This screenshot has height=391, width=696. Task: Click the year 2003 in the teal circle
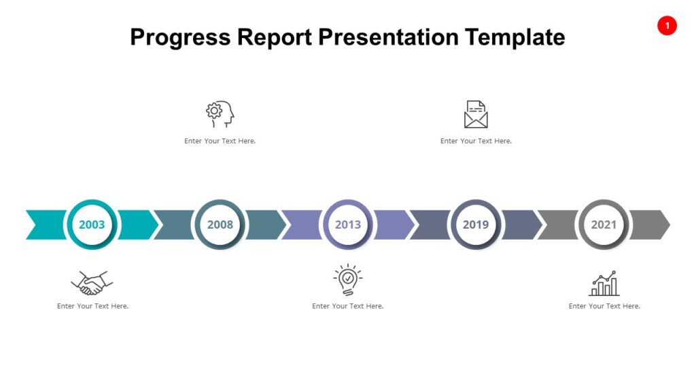92,225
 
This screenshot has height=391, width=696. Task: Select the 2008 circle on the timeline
220,225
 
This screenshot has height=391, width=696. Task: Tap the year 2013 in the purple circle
347,225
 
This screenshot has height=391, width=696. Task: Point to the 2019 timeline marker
475,225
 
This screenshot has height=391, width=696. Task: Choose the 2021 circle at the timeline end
604,225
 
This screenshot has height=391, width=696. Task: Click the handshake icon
92,282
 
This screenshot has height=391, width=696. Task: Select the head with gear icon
220,115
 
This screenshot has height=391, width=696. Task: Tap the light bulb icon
347,280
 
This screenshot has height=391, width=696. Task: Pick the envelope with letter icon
476,114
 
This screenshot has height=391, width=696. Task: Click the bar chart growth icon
604,283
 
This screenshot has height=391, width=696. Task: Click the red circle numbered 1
667,26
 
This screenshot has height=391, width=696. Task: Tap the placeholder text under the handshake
92,306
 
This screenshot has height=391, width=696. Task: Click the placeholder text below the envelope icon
476,141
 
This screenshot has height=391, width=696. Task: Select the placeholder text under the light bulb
347,306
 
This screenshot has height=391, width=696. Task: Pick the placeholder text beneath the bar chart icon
604,306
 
